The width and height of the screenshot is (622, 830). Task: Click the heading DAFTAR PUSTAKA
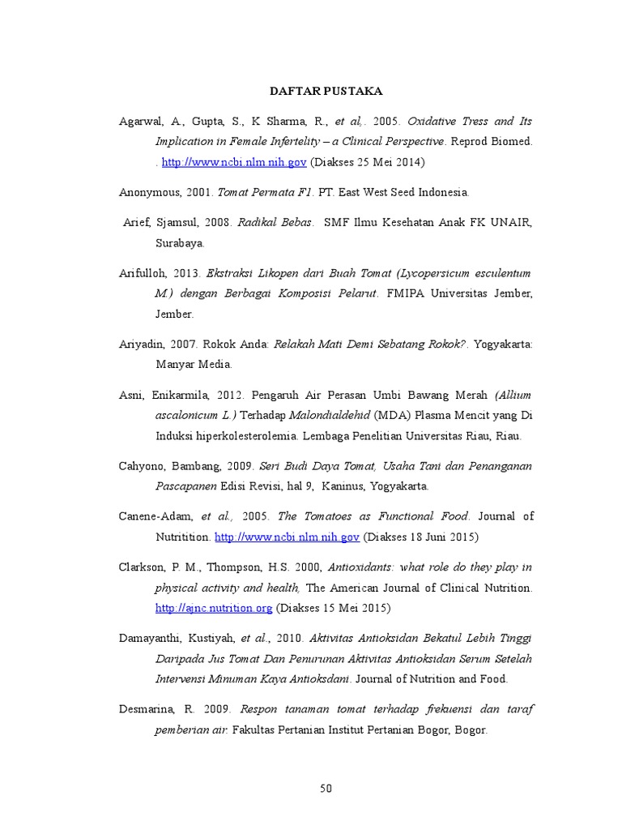[x=326, y=92]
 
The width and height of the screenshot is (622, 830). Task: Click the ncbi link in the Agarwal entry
[x=234, y=162]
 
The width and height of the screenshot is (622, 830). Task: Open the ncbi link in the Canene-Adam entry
[x=287, y=537]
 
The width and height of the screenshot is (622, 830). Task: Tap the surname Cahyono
[x=142, y=466]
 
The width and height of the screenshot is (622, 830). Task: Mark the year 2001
[x=200, y=192]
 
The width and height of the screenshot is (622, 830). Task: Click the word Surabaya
[x=181, y=242]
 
